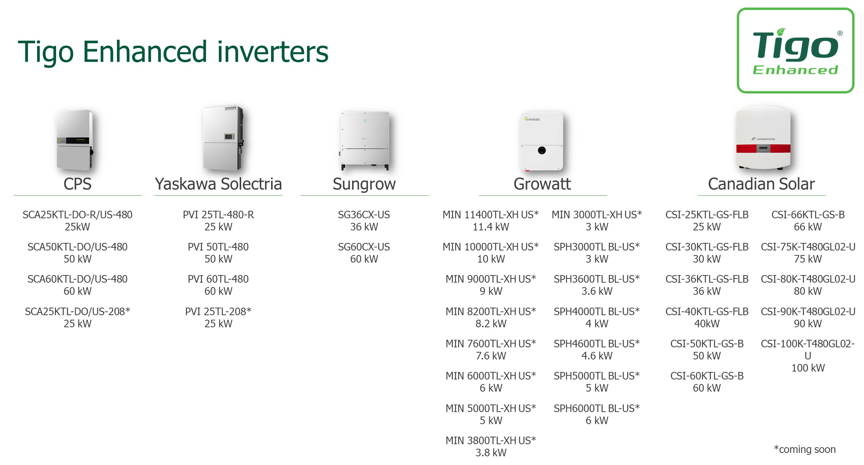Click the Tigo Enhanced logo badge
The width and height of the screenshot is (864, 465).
795,50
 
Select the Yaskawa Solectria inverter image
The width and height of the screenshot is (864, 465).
223,138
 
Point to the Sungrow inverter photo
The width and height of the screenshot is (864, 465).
365,140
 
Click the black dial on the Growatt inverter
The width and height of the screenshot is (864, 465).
542,150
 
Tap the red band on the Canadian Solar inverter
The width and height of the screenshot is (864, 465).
763,148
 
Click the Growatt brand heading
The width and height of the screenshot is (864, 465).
542,184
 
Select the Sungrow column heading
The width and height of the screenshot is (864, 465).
364,184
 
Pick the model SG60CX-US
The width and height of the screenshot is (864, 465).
364,247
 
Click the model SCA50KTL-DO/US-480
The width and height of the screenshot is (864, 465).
78,247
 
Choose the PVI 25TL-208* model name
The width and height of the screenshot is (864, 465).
218,312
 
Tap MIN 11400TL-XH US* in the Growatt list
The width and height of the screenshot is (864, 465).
490,215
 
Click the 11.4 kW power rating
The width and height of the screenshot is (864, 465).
491,227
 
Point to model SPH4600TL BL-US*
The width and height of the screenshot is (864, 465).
597,344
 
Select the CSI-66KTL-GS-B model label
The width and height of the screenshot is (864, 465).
808,215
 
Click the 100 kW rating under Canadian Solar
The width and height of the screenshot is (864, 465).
808,368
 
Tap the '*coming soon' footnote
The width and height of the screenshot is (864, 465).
805,449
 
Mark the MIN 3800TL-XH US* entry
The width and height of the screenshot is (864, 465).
491,441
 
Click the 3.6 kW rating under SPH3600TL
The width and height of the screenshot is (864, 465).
597,291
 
